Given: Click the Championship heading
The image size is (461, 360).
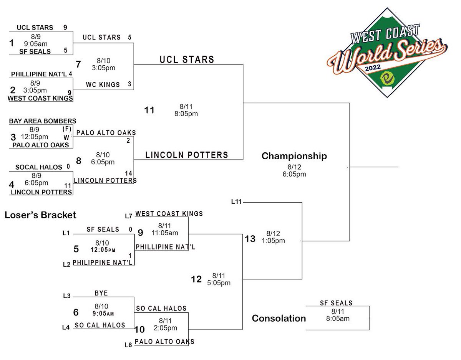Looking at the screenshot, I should pyautogui.click(x=294, y=156).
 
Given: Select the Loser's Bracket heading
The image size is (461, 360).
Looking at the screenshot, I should pyautogui.click(x=40, y=215).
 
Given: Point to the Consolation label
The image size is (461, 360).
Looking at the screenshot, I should pyautogui.click(x=279, y=318).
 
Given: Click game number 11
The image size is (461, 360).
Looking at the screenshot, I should pyautogui.click(x=149, y=111).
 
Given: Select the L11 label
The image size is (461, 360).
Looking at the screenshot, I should pyautogui.click(x=237, y=202).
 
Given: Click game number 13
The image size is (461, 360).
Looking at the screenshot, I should pyautogui.click(x=250, y=239).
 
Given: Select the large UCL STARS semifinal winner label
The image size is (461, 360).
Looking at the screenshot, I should pyautogui.click(x=187, y=59).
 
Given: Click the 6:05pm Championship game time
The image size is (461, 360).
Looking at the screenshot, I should pyautogui.click(x=294, y=174).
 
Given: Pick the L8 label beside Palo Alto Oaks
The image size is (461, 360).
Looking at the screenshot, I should pyautogui.click(x=128, y=345).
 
